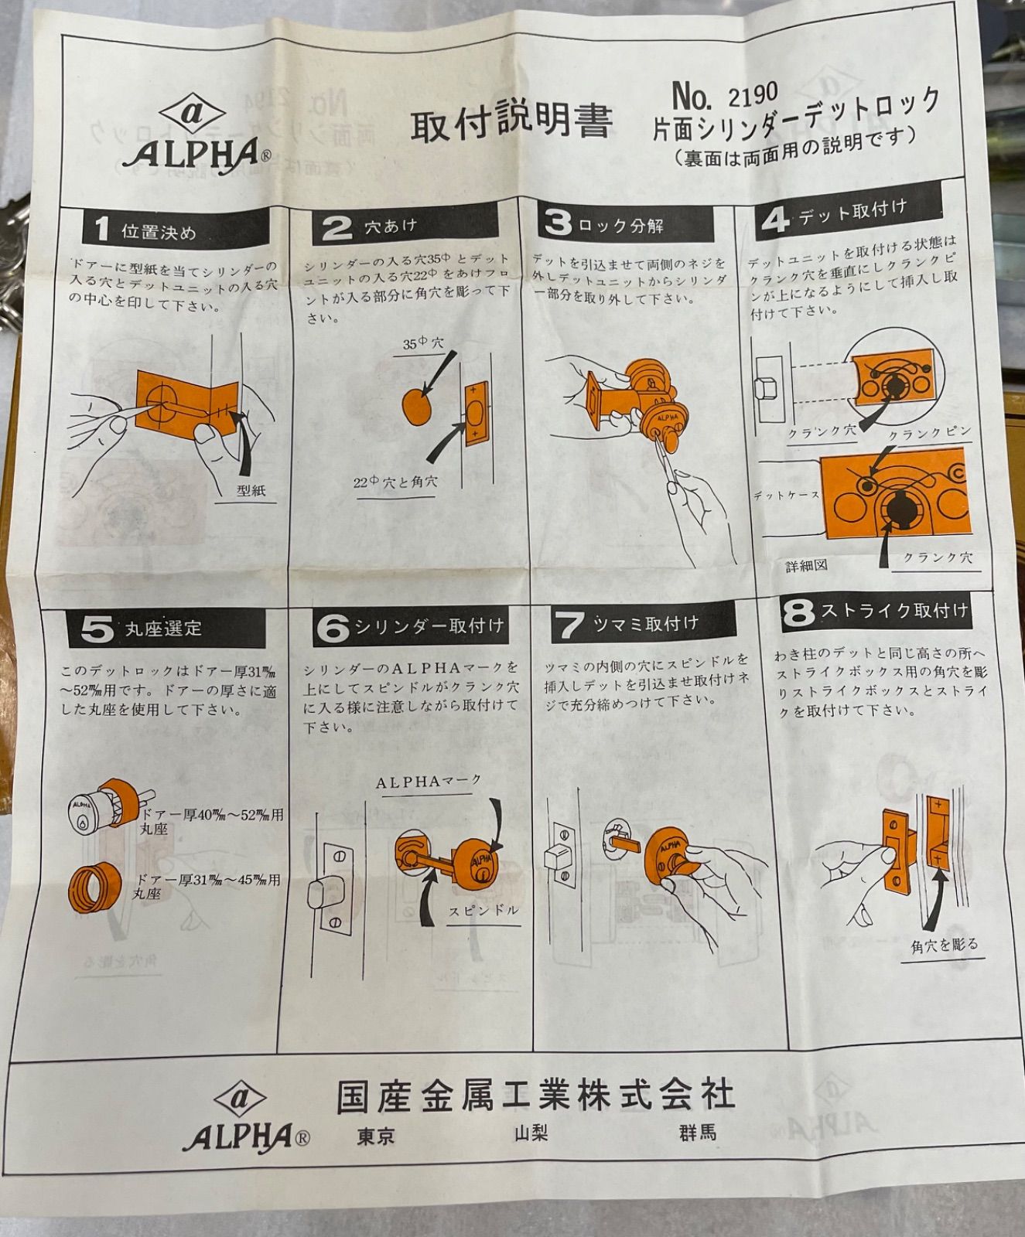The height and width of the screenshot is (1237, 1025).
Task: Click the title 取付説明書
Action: tap(511, 121)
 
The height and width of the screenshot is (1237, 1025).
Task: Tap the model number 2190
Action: tap(752, 95)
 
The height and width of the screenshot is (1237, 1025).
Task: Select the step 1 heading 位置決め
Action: tap(158, 231)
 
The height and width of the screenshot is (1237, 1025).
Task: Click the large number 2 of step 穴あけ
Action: tap(337, 228)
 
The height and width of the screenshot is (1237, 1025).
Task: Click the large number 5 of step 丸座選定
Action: tap(97, 629)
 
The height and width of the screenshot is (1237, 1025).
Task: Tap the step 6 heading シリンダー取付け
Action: tap(429, 626)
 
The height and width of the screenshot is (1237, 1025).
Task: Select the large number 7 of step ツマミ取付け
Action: tap(570, 625)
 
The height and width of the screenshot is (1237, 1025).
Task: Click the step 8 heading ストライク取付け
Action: tap(894, 611)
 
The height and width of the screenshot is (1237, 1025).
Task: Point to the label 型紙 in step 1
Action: tap(251, 490)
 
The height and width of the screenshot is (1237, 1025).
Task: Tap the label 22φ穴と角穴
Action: tap(395, 482)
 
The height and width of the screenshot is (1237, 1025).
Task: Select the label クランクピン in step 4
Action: tap(928, 433)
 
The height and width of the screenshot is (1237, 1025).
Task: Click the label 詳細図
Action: tap(806, 566)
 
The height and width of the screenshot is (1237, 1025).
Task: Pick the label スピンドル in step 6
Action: tap(483, 911)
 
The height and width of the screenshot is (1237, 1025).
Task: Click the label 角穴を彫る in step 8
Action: tap(945, 945)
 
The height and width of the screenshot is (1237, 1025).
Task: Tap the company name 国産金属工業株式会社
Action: tap(535, 1096)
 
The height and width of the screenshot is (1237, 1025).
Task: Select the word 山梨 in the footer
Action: tap(531, 1134)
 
